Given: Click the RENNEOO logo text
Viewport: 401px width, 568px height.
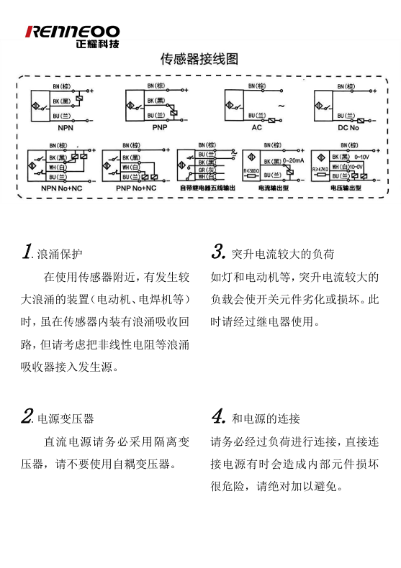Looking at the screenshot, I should [72, 31].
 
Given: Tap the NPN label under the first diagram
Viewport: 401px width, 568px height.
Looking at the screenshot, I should [66, 127].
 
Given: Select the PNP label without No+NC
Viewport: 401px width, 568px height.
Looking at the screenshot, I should [159, 127].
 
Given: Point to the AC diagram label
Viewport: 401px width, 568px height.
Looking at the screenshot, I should [256, 127].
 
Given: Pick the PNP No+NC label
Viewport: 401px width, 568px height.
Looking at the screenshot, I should [136, 188].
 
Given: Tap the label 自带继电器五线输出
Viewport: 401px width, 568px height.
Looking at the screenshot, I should [208, 188].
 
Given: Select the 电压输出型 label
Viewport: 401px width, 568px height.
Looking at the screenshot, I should [345, 188].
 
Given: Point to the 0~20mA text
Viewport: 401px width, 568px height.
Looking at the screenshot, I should [295, 160].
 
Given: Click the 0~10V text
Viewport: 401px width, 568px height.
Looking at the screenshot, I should [361, 157].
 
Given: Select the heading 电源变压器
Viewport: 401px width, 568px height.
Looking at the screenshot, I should [66, 418].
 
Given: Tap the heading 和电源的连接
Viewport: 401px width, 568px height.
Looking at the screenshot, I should [266, 418].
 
